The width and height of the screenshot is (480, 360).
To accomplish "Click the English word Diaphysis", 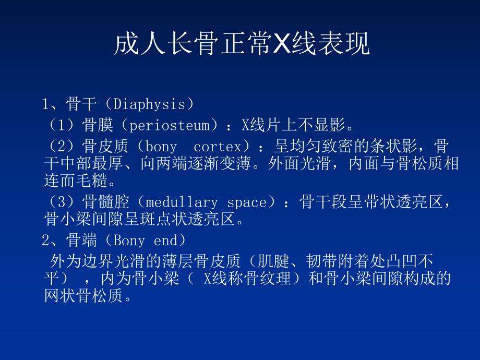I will tap(146, 104).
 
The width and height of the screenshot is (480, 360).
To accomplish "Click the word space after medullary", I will tap(244, 202).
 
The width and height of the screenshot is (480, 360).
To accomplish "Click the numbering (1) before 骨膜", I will tap(64, 126).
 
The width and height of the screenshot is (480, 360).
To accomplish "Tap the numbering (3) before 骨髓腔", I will tap(64, 202).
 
